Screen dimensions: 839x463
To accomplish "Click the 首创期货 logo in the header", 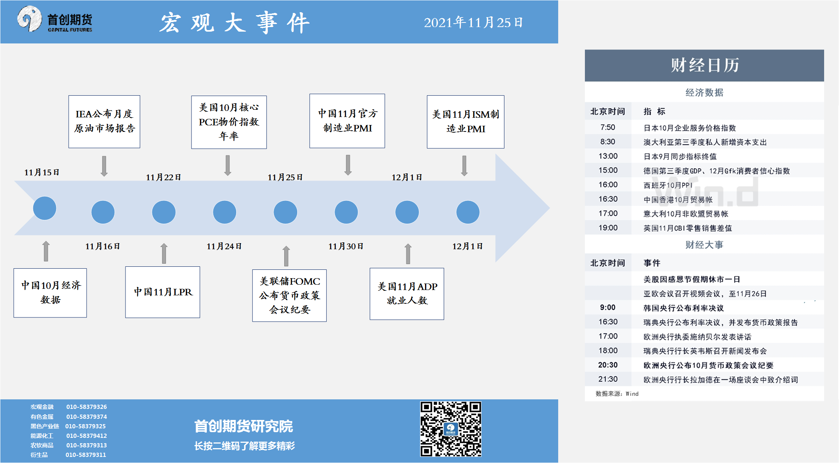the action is pyautogui.click(x=55, y=19).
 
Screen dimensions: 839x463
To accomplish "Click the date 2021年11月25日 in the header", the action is pyautogui.click(x=473, y=22).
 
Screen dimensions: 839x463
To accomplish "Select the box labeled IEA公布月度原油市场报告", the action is pyautogui.click(x=104, y=122).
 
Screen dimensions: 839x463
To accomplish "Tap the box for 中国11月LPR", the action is pyautogui.click(x=163, y=292).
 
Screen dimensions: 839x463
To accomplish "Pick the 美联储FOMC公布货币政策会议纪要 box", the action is pyautogui.click(x=290, y=295).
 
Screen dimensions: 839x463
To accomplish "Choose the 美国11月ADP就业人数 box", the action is pyautogui.click(x=407, y=294).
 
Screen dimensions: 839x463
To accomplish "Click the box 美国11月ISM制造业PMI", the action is pyautogui.click(x=465, y=122).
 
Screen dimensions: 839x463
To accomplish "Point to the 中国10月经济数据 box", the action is pyautogui.click(x=50, y=293).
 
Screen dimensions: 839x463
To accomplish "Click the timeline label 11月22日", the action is pyautogui.click(x=163, y=177).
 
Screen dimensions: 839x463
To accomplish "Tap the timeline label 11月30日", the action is pyautogui.click(x=346, y=246).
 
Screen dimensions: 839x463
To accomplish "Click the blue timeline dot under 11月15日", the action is pyautogui.click(x=45, y=208).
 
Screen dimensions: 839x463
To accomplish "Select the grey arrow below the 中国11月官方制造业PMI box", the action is pyautogui.click(x=348, y=165).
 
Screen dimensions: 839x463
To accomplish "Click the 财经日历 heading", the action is pyautogui.click(x=705, y=65).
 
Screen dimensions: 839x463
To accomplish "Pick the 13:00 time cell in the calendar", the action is pyautogui.click(x=608, y=156).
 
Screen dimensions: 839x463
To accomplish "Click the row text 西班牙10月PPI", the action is pyautogui.click(x=668, y=185).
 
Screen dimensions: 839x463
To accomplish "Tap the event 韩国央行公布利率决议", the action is pyautogui.click(x=683, y=308).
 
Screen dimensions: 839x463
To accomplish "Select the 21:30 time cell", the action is pyautogui.click(x=608, y=379).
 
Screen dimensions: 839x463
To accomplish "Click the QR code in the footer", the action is pyautogui.click(x=451, y=429).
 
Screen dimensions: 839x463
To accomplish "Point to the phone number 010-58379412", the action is pyautogui.click(x=87, y=436).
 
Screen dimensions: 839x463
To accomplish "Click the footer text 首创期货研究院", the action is pyautogui.click(x=243, y=426).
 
